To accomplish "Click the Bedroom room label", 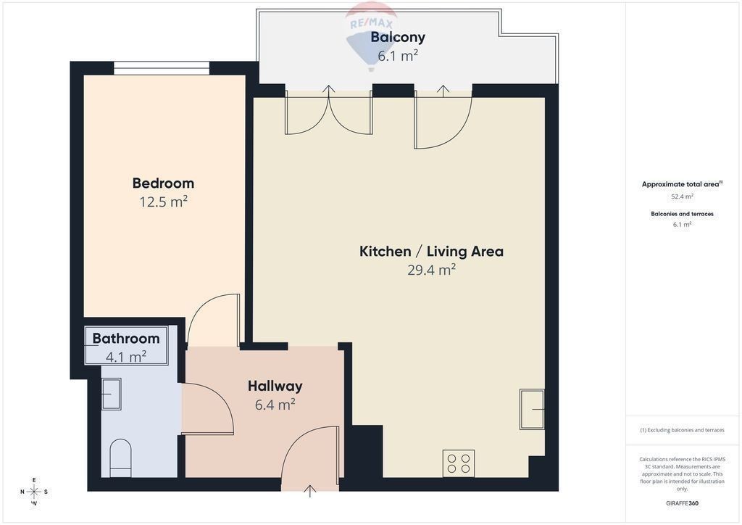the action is pyautogui.click(x=163, y=183).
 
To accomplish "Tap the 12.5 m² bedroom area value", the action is pyautogui.click(x=163, y=202).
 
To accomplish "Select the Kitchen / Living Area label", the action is pyautogui.click(x=432, y=251).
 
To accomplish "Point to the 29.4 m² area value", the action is pyautogui.click(x=432, y=270).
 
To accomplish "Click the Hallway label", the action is pyautogui.click(x=275, y=386).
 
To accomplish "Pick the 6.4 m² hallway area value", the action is pyautogui.click(x=275, y=405).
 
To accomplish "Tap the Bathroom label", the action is pyautogui.click(x=126, y=339).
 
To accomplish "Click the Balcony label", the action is pyautogui.click(x=398, y=37).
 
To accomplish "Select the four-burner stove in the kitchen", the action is pyautogui.click(x=459, y=463).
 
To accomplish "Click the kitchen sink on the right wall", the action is pyautogui.click(x=532, y=409).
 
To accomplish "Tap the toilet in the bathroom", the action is pyautogui.click(x=120, y=458).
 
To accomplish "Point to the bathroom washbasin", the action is pyautogui.click(x=111, y=394).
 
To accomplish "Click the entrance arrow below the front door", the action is pyautogui.click(x=310, y=491).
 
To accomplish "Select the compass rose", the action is pyautogui.click(x=34, y=492).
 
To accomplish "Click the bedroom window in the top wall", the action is pyautogui.click(x=162, y=68).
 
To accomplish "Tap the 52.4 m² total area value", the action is pyautogui.click(x=682, y=196).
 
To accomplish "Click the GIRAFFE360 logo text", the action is pyautogui.click(x=682, y=503).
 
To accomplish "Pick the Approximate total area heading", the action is pyautogui.click(x=682, y=184).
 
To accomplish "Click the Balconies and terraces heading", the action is pyautogui.click(x=682, y=214).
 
